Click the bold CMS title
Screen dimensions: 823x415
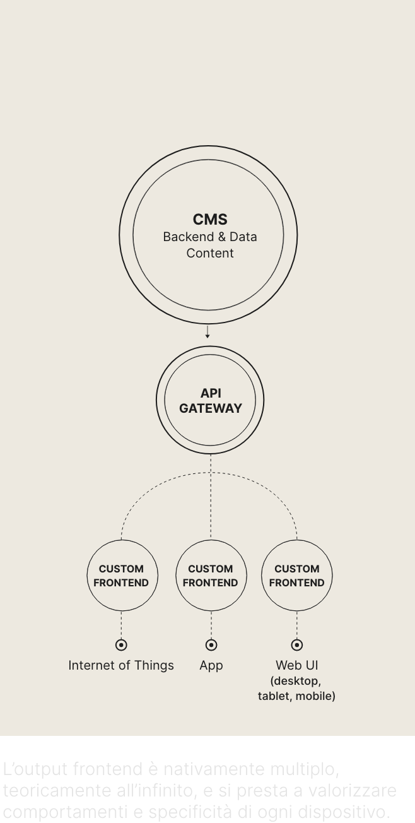coord(210,220)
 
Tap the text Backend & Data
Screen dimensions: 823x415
coord(210,237)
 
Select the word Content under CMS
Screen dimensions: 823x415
coord(210,254)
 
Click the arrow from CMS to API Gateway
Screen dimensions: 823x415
coord(208,332)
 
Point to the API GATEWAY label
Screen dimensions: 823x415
coord(210,401)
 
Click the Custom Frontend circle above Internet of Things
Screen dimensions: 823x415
coord(121,576)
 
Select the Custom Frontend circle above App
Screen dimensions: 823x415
coord(211,576)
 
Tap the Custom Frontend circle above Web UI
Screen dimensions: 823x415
coord(296,576)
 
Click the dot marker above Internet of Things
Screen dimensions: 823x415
coord(121,645)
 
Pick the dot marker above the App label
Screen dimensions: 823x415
coord(211,645)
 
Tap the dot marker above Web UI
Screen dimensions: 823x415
coord(297,645)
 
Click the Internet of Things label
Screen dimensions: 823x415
coord(121,665)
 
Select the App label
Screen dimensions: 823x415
coord(211,665)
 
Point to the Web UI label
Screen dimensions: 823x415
coord(297,665)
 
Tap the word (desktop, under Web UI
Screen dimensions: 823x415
coord(296,681)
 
